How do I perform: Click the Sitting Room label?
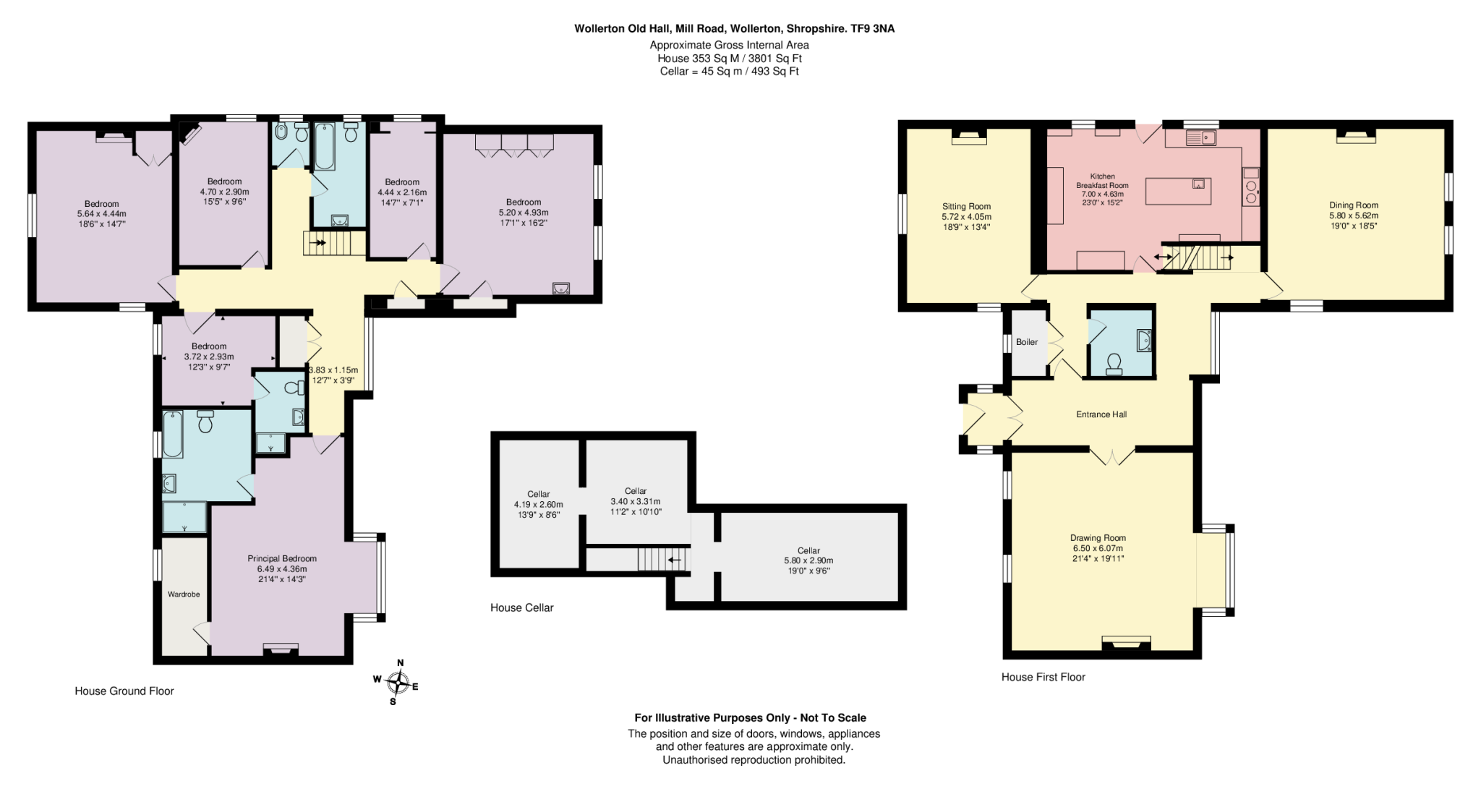pyautogui.click(x=966, y=206)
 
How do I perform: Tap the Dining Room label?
pyautogui.click(x=1354, y=205)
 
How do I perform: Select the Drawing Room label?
pyautogui.click(x=1098, y=538)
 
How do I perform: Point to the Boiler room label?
pyautogui.click(x=1027, y=342)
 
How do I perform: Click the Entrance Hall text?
pyautogui.click(x=1101, y=414)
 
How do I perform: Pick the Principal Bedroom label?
pyautogui.click(x=282, y=558)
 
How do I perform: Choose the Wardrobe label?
pyautogui.click(x=184, y=594)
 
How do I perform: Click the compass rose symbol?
pyautogui.click(x=397, y=682)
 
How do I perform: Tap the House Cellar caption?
pyautogui.click(x=522, y=607)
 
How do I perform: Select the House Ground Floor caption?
pyautogui.click(x=124, y=691)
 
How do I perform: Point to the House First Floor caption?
pyautogui.click(x=1043, y=677)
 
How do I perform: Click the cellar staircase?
pyautogui.click(x=662, y=559)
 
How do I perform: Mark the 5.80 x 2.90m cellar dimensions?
pyautogui.click(x=808, y=560)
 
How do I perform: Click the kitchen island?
pyautogui.click(x=1178, y=189)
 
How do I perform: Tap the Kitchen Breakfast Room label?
pyautogui.click(x=1103, y=181)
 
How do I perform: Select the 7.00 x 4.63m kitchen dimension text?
pyautogui.click(x=1103, y=194)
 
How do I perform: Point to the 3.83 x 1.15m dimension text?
pyautogui.click(x=333, y=370)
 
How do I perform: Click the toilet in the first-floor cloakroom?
pyautogui.click(x=1114, y=362)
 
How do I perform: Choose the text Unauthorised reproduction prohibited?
pyautogui.click(x=754, y=759)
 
